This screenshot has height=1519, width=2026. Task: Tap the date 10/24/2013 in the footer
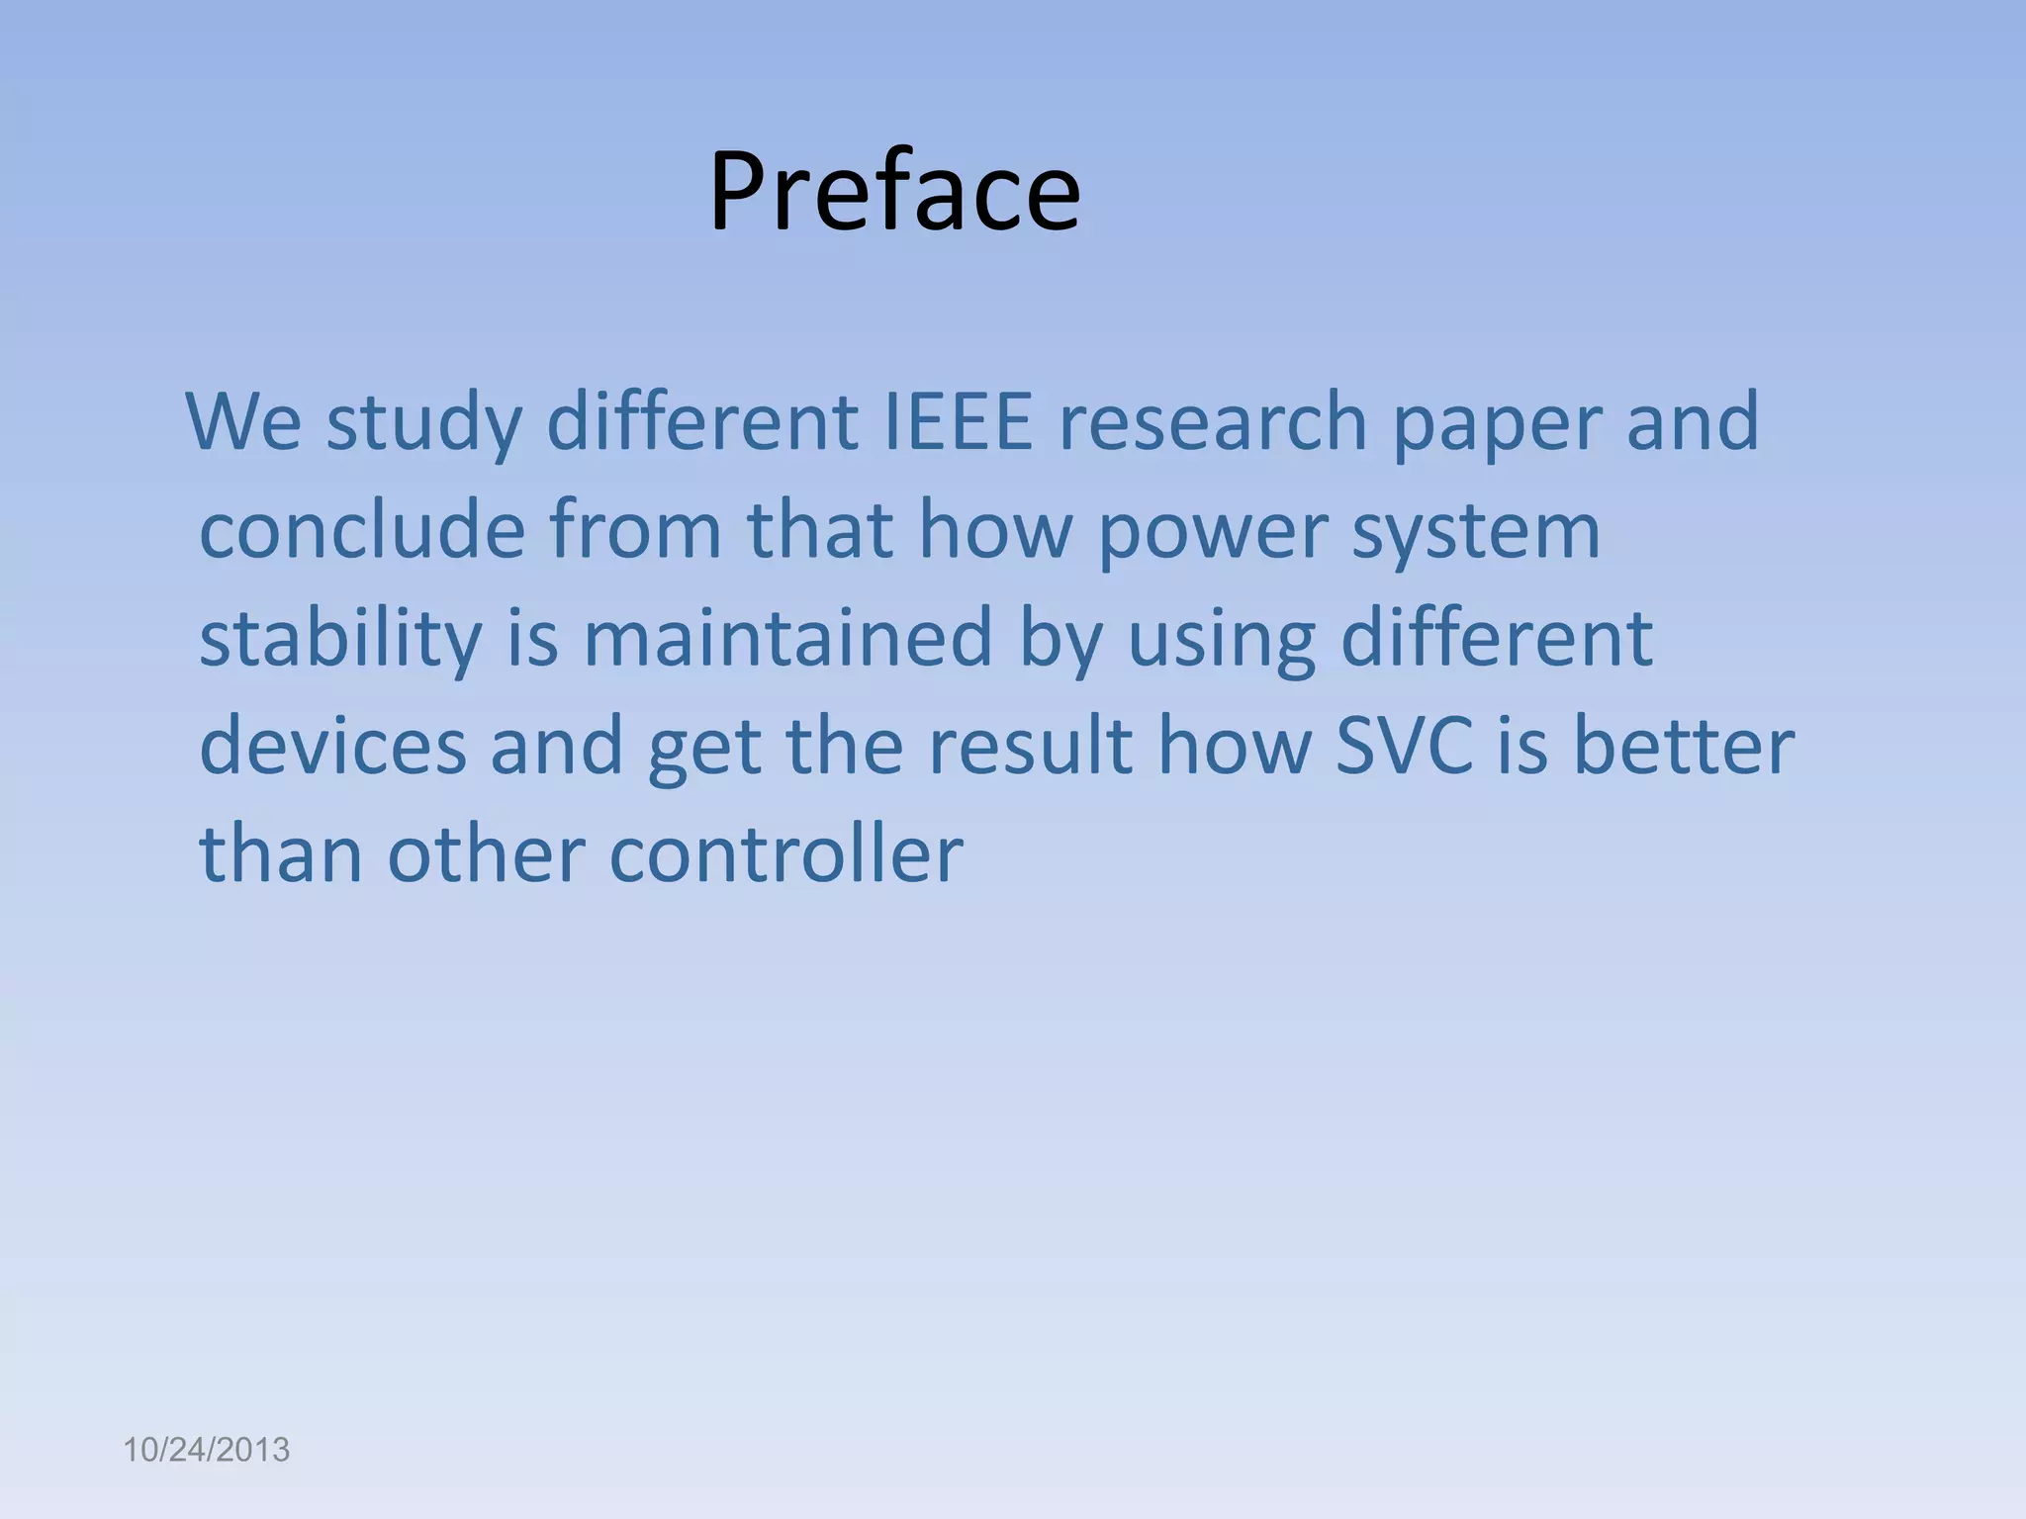[206, 1450]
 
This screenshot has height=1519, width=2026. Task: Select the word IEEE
[957, 421]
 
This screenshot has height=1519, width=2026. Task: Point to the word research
[1213, 421]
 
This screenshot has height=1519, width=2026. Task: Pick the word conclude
[361, 529]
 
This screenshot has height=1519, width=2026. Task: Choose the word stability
[340, 638]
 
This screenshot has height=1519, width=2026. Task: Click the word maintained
[787, 638]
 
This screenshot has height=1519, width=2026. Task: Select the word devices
[332, 746]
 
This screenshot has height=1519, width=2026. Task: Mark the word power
[1212, 531]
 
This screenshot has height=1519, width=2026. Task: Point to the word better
[1683, 746]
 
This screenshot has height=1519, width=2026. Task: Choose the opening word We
[243, 421]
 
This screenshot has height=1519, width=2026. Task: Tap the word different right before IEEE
[701, 421]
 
